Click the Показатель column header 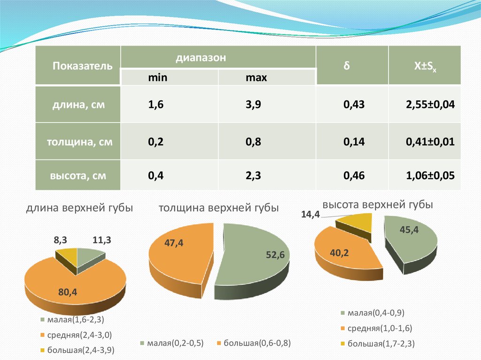pos(82,66)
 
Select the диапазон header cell pos(201,58)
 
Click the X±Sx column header pos(424,66)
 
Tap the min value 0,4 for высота pos(155,176)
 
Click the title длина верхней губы pos(79,208)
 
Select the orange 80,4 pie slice pos(70,286)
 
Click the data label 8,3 pos(60,240)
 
